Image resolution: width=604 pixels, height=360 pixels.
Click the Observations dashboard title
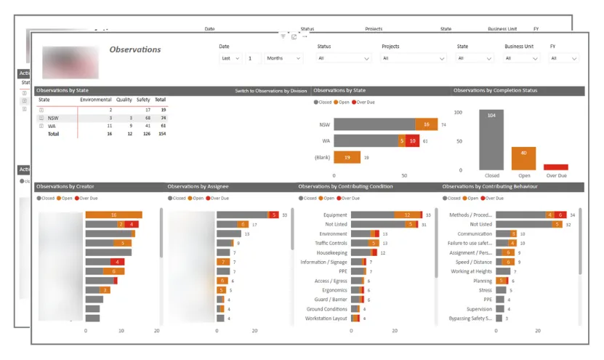135,49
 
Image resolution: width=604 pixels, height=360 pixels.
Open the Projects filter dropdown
413,58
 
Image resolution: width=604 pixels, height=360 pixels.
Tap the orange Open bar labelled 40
523,158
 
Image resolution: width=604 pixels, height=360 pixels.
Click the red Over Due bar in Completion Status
556,167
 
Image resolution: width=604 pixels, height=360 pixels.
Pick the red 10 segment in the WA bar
413,141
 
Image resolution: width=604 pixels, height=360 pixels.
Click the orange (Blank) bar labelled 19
347,157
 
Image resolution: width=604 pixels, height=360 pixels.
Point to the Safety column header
143,100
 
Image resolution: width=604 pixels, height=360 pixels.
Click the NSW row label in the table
53,118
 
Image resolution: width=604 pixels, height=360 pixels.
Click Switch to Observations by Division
270,91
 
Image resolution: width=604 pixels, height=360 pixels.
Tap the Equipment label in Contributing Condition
335,215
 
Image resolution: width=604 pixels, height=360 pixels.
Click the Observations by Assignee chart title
198,187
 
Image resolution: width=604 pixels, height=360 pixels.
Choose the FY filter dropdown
563,58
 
